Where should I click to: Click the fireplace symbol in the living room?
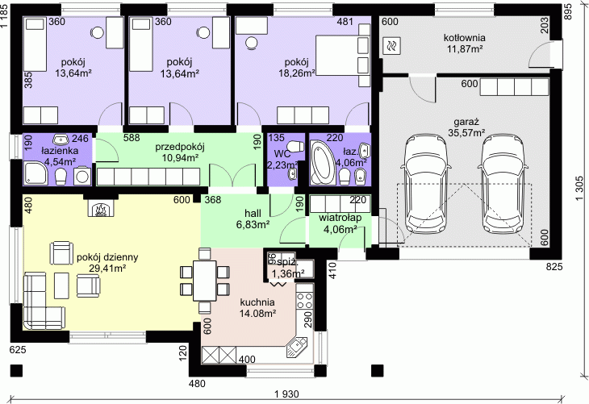(100, 207)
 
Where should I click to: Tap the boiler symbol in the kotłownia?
(392, 45)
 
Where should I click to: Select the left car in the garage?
(425, 185)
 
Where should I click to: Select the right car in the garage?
(502, 185)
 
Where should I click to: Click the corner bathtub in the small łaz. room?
(323, 164)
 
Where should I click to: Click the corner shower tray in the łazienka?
(36, 173)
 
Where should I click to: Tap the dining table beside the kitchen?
(205, 281)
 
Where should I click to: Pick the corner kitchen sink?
(297, 347)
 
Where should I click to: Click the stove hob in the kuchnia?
(305, 296)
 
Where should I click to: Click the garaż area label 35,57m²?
(466, 132)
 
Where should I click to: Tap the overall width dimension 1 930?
(286, 394)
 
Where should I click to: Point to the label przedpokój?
(180, 147)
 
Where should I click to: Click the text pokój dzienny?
(107, 257)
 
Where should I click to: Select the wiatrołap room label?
(340, 218)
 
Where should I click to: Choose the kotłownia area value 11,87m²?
(465, 48)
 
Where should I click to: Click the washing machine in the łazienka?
(82, 176)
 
